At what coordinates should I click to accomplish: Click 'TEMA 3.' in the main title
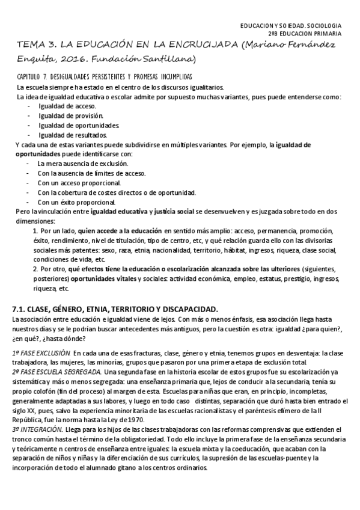[34, 45]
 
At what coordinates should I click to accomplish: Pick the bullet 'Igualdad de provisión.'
[66, 115]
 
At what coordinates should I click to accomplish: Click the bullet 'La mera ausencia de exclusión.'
[82, 164]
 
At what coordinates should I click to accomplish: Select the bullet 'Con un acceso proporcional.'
[79, 183]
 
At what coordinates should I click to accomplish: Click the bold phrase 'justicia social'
[174, 212]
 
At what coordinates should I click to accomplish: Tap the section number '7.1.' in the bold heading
[20, 309]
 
